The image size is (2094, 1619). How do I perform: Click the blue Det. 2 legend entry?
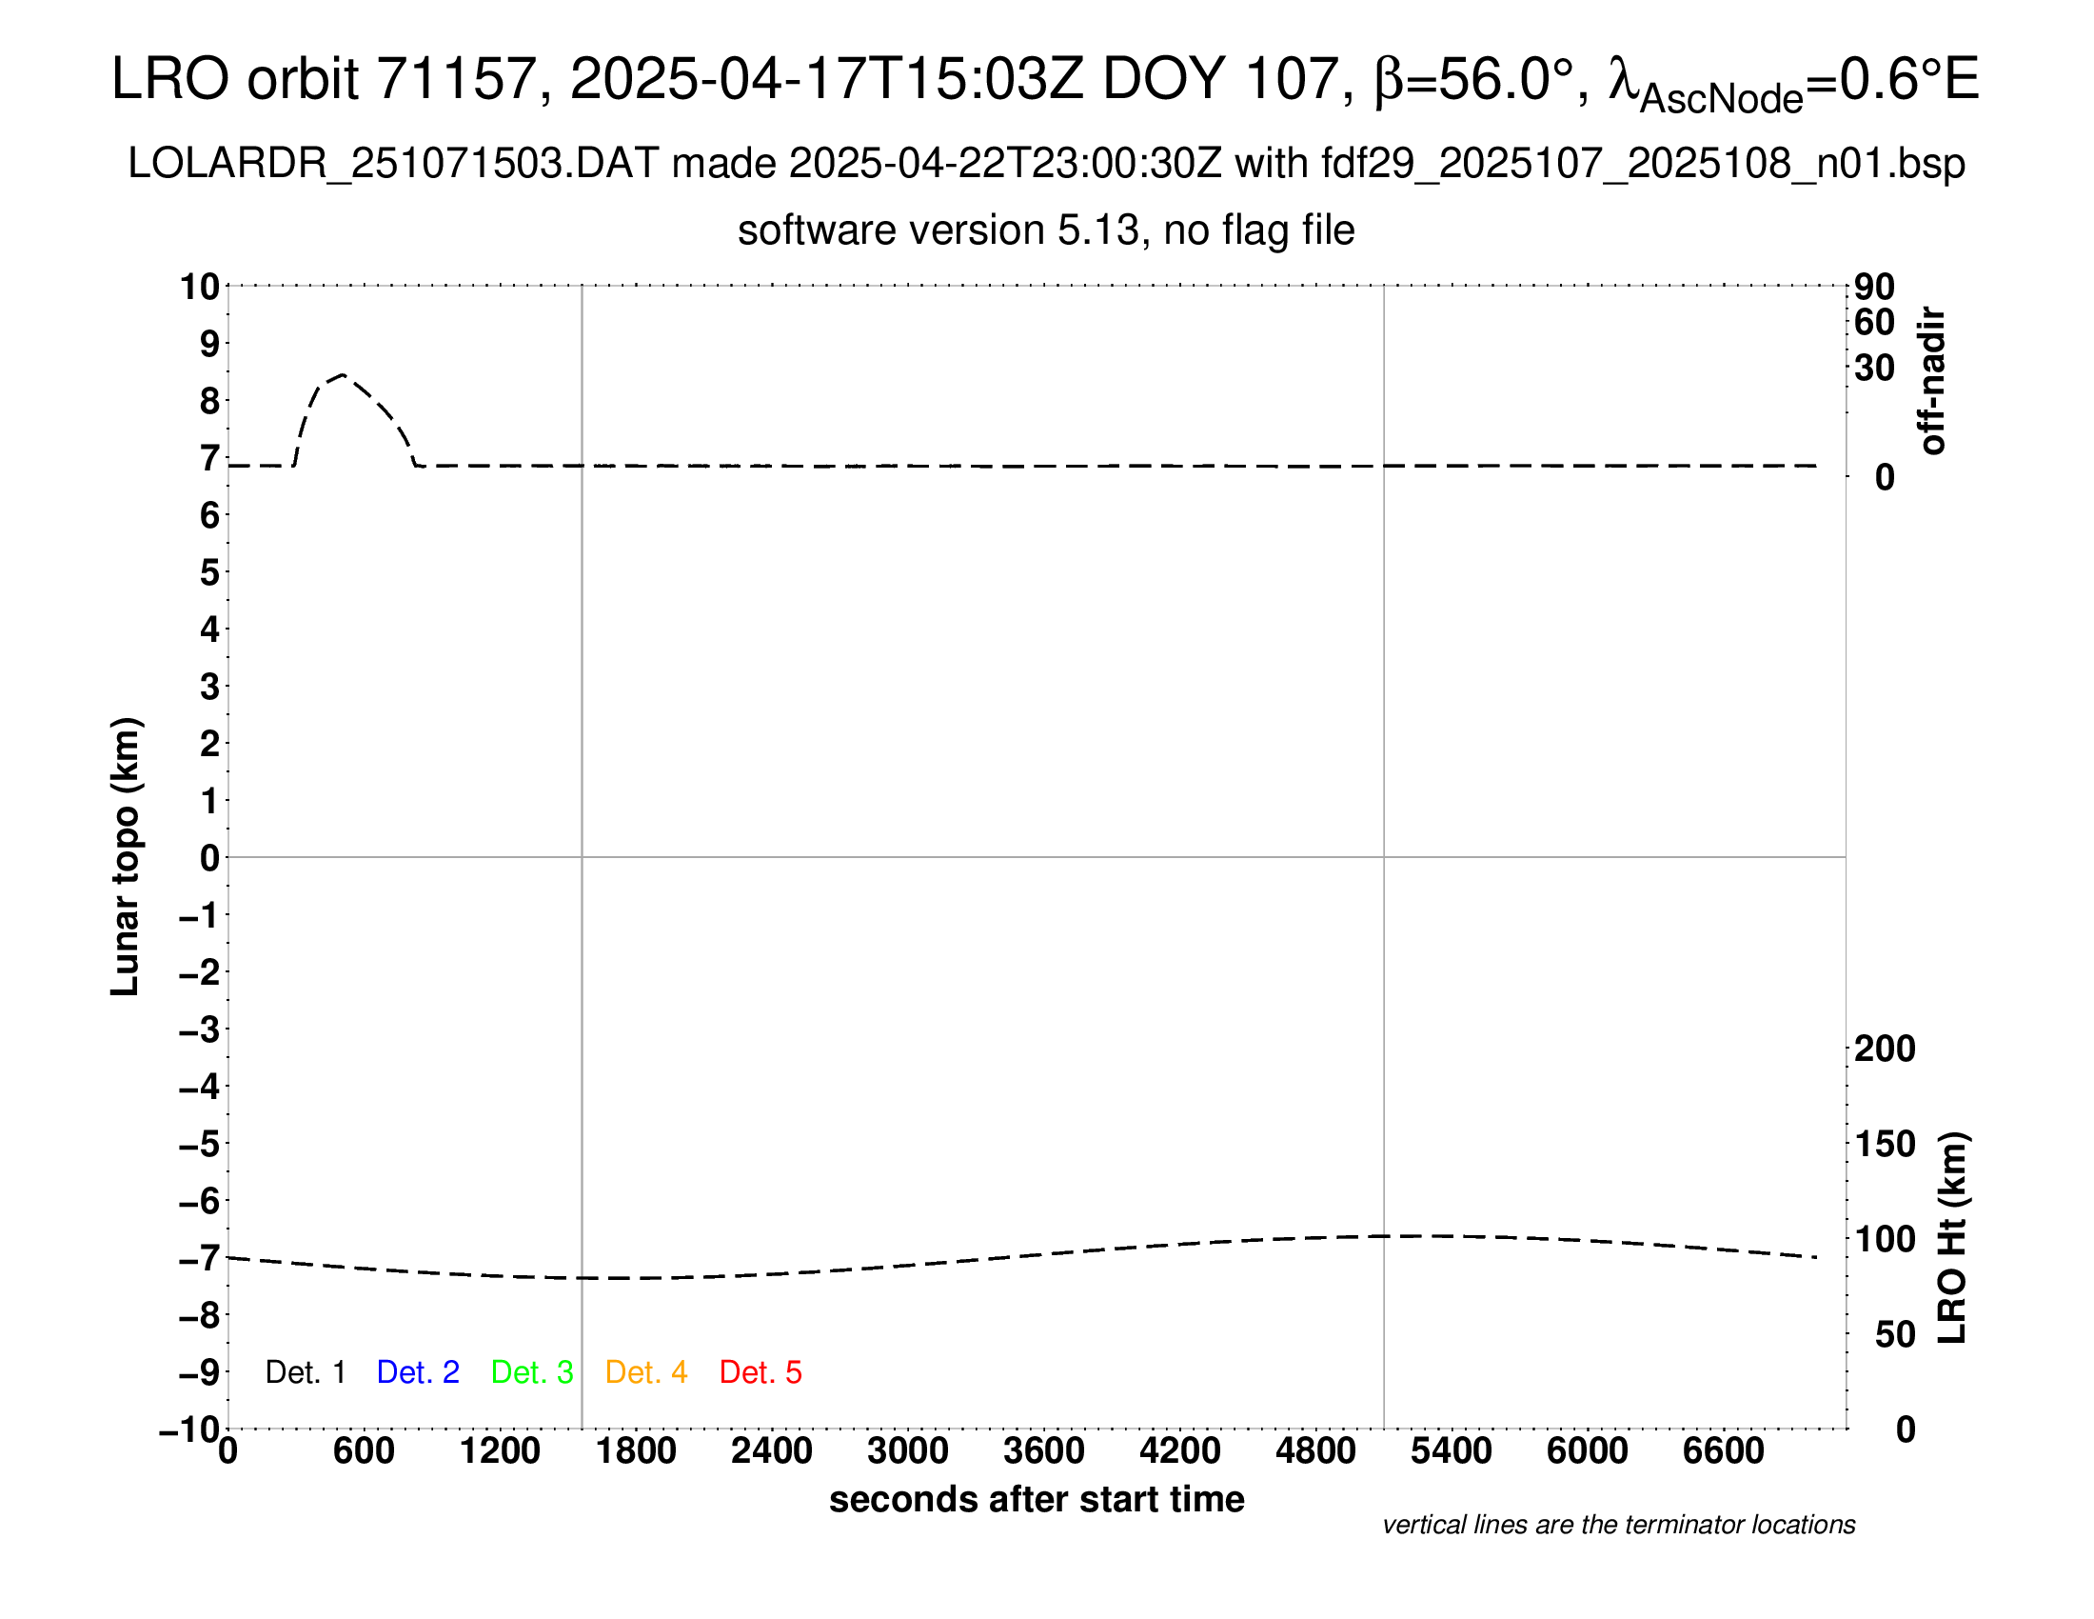pos(418,1372)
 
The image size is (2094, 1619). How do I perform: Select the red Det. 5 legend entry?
pos(761,1372)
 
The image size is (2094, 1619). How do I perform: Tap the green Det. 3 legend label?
pos(532,1372)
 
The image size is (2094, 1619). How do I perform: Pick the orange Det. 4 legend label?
pos(646,1372)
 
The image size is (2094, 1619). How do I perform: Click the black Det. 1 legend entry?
pos(305,1372)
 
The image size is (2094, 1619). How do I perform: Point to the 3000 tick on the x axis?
pos(907,1450)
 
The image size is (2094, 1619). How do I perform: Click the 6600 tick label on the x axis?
pos(1723,1450)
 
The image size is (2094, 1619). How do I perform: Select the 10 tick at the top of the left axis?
pos(201,287)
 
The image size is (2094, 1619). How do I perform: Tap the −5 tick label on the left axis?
pos(200,1144)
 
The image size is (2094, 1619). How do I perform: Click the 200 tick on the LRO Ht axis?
pos(1885,1049)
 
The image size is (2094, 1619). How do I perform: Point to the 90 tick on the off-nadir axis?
pos(1874,287)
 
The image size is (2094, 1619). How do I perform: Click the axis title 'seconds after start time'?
pos(1037,1499)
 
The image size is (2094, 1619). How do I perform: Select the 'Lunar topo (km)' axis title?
pos(126,856)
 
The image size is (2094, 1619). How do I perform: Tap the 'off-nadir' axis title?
pos(1933,381)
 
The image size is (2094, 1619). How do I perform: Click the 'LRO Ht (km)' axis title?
pos(1952,1238)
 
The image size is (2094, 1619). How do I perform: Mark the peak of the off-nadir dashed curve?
pos(343,374)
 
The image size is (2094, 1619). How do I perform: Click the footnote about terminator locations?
pos(1618,1525)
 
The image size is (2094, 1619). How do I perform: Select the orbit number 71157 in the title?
pos(455,79)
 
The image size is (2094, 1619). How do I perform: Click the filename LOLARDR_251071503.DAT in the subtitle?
pos(393,164)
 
